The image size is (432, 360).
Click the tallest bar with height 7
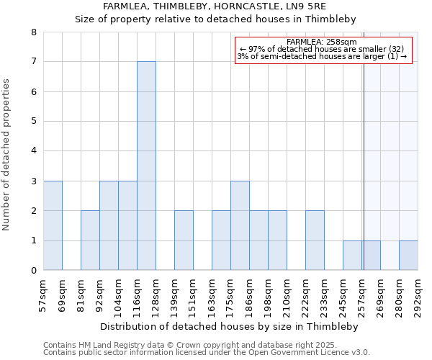pos(146,166)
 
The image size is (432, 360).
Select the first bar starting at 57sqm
pos(53,225)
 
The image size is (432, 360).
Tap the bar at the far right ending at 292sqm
pos(408,256)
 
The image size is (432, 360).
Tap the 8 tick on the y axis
pos(33,32)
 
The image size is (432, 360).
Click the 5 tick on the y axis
pos(33,122)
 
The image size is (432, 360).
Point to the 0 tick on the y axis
pos(33,271)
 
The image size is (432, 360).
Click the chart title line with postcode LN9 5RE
pos(215,6)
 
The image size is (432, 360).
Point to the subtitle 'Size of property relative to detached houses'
pos(215,19)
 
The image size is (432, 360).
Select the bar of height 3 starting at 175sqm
pos(240,225)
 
